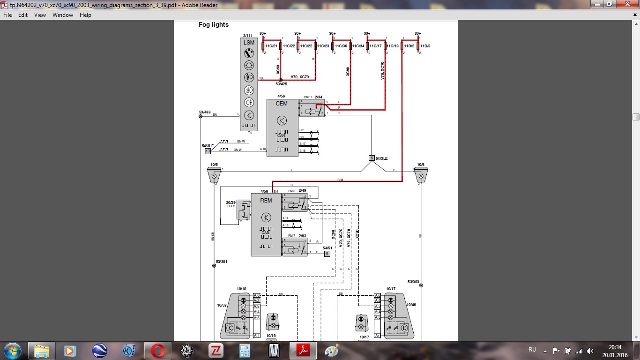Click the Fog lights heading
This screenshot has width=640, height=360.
point(214,25)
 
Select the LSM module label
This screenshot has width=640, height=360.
point(249,43)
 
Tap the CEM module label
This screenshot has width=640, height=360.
point(282,104)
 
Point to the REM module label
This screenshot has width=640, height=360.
point(266,201)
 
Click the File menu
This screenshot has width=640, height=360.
point(7,15)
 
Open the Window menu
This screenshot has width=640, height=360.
point(63,15)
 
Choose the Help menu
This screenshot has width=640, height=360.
point(85,15)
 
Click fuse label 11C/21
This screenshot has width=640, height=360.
point(271,46)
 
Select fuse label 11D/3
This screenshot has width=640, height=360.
point(425,46)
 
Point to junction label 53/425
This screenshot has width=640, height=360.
point(281,84)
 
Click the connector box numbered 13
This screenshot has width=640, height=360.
point(208,151)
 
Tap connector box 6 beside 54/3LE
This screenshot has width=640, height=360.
point(372,158)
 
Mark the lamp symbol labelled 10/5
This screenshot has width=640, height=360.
point(214,176)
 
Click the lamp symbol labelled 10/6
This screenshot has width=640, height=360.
point(421,176)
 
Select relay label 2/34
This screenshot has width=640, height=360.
point(319,97)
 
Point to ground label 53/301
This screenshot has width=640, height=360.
point(221,262)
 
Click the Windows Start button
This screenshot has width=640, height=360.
point(12,351)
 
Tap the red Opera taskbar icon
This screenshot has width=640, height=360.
point(157,351)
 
